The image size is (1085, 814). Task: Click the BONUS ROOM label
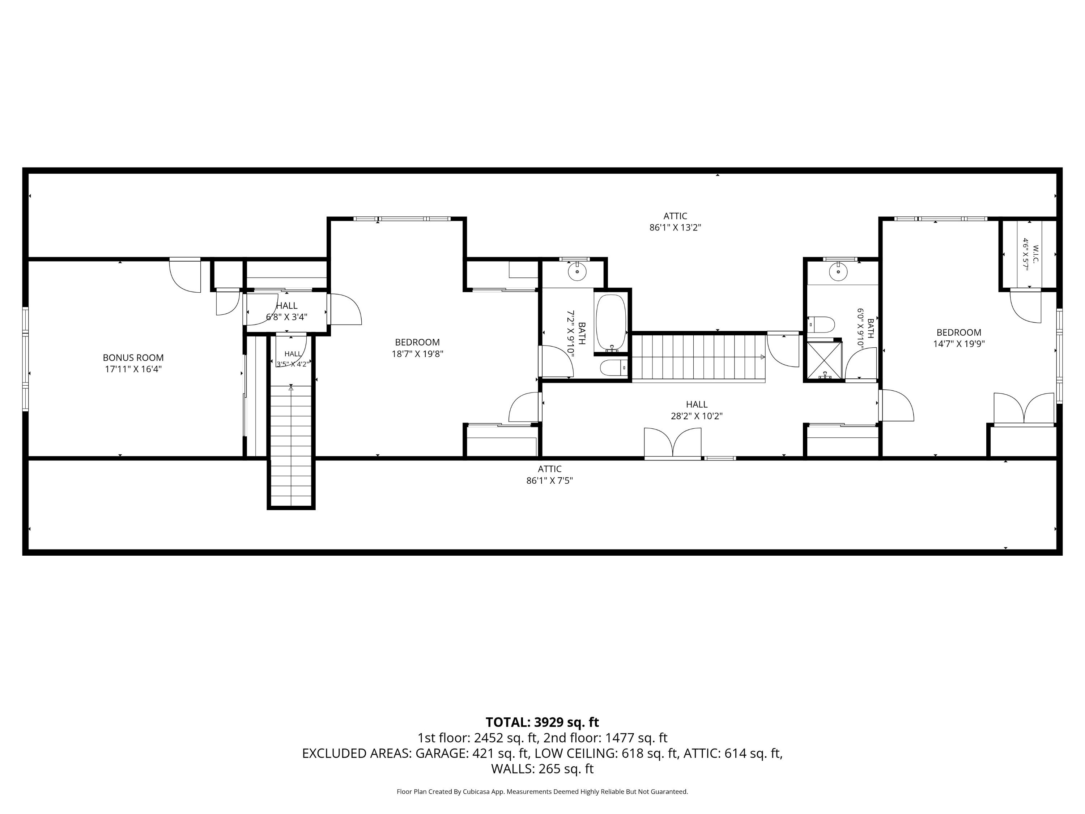(x=133, y=358)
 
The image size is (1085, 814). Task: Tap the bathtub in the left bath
(x=611, y=322)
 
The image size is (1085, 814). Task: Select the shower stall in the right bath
(x=825, y=361)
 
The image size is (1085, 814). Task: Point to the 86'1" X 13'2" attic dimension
(x=676, y=228)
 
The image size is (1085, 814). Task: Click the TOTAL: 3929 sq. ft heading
(x=542, y=722)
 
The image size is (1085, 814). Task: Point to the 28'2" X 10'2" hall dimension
(x=697, y=416)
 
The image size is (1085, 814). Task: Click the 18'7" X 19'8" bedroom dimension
(x=417, y=354)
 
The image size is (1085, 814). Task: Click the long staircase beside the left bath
(x=698, y=357)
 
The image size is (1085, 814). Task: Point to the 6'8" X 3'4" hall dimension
(x=286, y=317)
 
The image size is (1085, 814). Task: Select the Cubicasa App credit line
(x=542, y=792)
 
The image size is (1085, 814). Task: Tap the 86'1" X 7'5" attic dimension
(x=549, y=481)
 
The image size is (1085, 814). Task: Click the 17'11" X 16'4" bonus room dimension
(x=133, y=369)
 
